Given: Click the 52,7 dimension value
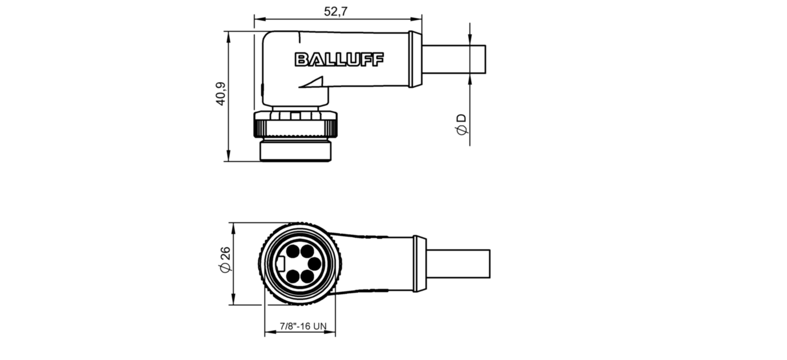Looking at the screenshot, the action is [335, 11].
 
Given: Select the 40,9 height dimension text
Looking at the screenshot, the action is [221, 94].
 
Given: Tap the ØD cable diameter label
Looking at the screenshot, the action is [461, 124].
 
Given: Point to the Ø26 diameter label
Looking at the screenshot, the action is [225, 260].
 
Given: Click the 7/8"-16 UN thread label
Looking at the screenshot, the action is [303, 326].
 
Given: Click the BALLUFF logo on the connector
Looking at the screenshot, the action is [339, 59].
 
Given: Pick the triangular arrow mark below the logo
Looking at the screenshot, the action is [311, 82].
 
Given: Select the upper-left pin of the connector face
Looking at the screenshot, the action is [293, 252].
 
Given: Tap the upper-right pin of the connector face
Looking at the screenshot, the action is [307, 252].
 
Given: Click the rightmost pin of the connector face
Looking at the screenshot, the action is [314, 264].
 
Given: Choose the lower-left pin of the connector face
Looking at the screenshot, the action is [293, 276].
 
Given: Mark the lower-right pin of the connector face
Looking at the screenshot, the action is [307, 277].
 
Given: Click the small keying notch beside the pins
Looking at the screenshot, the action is [281, 264].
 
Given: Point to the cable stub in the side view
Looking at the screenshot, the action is [453, 59].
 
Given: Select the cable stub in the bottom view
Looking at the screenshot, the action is [458, 264].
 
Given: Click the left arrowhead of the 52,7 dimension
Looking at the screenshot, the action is [258, 19].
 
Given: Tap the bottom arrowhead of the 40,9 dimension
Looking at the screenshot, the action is [228, 156].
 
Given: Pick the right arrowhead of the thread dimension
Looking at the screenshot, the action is [331, 331].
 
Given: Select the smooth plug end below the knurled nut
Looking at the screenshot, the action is [295, 151].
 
